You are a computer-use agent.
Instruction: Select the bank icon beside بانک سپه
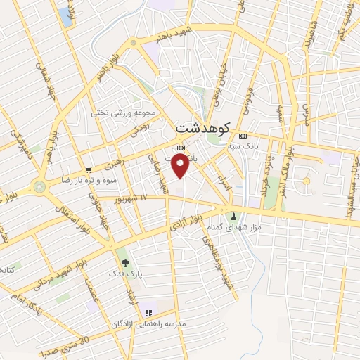point(243,136)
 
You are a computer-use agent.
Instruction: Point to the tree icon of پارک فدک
point(124,262)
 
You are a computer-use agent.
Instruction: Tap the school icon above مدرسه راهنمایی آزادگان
point(148,313)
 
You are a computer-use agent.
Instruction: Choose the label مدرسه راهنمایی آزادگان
point(148,323)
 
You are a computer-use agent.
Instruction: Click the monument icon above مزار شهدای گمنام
point(234,214)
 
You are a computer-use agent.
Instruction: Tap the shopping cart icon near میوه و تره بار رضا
point(89,169)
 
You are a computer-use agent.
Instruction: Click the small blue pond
point(67,17)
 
